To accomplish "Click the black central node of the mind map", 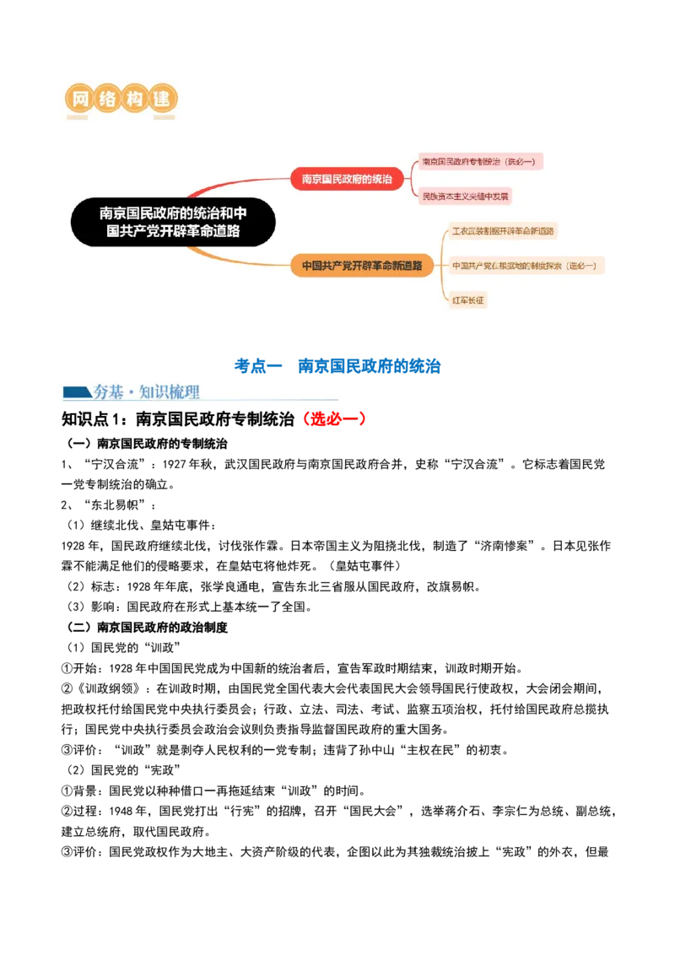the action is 173,223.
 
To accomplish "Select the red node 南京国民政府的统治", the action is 347,179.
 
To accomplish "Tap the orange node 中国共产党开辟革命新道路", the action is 362,266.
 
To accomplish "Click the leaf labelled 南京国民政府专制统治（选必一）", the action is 480,161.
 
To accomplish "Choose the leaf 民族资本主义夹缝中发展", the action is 467,197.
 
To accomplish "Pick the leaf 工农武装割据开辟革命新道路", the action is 503,231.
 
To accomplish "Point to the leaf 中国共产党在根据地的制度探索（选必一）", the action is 526,266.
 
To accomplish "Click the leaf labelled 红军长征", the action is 469,300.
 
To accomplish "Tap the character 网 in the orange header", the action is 80,100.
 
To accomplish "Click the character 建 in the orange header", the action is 164,100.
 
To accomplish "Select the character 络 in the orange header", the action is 107,100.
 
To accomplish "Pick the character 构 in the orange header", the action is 136,100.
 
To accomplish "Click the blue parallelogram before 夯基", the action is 75,391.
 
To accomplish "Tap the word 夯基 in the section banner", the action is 109,391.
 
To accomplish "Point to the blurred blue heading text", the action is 337,365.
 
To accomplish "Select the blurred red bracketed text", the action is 334,418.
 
